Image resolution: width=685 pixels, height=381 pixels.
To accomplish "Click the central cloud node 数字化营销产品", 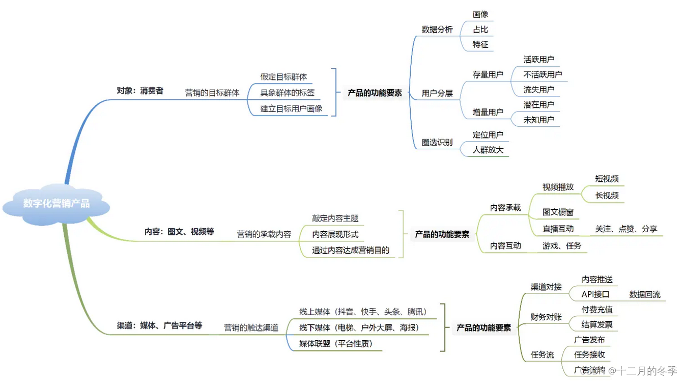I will point(56,204).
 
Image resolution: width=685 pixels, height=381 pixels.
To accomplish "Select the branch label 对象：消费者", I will point(140,91).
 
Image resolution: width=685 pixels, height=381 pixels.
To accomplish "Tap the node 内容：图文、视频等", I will point(179,232).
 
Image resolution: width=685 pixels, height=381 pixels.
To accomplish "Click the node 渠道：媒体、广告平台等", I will point(159,325).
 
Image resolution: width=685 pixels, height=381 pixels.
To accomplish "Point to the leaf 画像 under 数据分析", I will point(480,14).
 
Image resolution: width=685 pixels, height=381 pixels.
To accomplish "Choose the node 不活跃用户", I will point(543,74).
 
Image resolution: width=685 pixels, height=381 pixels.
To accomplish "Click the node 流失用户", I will point(538,90).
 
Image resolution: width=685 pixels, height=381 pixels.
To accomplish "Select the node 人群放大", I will point(488,150).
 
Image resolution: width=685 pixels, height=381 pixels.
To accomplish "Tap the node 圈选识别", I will point(437,143).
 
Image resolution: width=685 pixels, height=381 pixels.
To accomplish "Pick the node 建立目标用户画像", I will point(291,108).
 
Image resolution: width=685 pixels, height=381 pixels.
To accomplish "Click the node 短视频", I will point(607,179).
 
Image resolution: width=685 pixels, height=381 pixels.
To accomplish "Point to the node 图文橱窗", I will point(558,212).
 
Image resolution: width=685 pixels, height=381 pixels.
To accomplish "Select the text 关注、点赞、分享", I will point(626,229).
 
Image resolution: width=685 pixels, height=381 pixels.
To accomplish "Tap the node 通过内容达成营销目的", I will point(351,250).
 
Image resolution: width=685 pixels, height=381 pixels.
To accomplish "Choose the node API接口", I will point(595,294).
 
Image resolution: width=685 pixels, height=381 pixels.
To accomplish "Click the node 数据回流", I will point(645,294).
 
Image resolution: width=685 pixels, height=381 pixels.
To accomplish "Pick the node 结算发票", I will point(597,324).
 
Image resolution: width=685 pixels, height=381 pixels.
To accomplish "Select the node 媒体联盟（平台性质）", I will point(335,344).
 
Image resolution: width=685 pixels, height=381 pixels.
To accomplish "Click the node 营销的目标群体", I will point(212,93).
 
